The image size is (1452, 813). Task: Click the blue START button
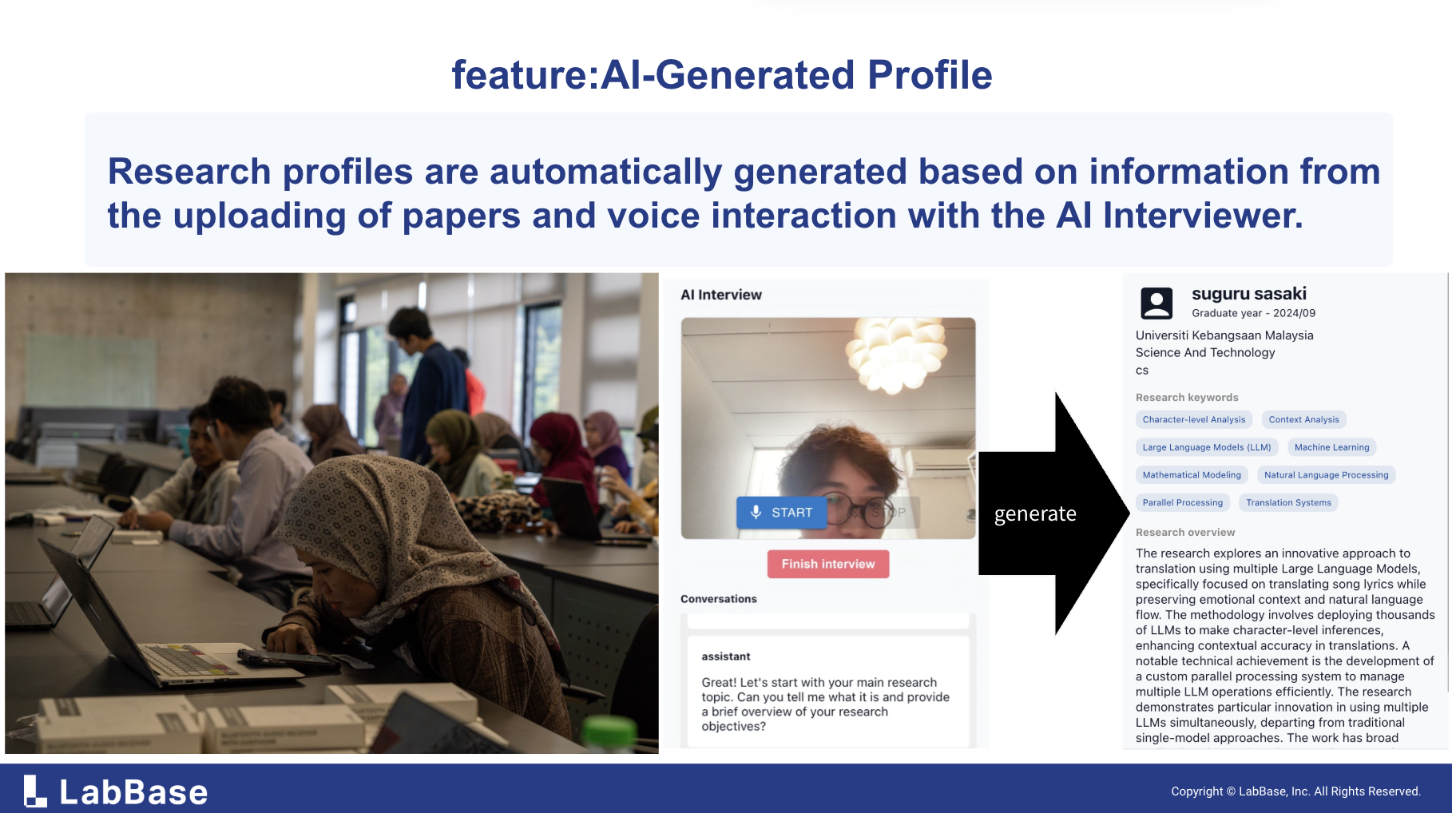tap(781, 513)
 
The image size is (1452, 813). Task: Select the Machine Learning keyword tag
tap(1331, 447)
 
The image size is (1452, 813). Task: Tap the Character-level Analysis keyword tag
tap(1193, 419)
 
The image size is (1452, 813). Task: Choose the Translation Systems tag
tap(1288, 502)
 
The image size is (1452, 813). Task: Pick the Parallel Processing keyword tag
tap(1182, 502)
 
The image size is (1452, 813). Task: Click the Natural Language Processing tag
tap(1326, 474)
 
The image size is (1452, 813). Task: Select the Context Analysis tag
tap(1303, 419)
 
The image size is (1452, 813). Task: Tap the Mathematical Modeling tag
tap(1192, 474)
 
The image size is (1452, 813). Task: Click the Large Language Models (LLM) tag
tap(1206, 447)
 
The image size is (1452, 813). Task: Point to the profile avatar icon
tap(1156, 303)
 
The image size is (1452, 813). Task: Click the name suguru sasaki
tap(1249, 294)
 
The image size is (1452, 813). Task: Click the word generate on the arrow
tap(1035, 514)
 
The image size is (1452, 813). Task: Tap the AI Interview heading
tap(721, 295)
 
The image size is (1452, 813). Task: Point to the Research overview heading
tap(1185, 532)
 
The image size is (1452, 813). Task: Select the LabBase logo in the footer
tap(116, 791)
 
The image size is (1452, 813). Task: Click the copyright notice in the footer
tap(1295, 791)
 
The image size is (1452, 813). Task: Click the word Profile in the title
tap(930, 75)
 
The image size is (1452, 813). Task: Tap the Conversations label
tap(719, 599)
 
